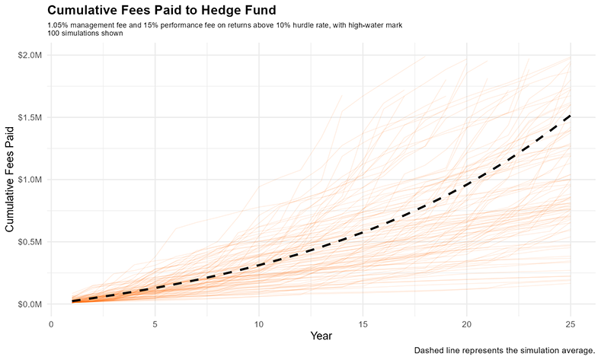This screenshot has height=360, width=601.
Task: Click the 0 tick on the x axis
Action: (x=51, y=321)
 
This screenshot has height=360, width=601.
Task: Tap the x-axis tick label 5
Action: (x=155, y=321)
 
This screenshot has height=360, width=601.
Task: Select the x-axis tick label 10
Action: (x=259, y=321)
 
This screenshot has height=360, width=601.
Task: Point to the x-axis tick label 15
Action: (x=363, y=321)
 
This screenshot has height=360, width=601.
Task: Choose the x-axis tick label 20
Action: (x=466, y=321)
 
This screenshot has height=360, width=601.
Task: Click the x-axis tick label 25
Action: (x=571, y=321)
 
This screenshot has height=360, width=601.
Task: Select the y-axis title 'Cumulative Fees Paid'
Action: (x=11, y=180)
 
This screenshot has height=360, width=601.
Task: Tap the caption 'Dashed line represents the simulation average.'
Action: (x=504, y=351)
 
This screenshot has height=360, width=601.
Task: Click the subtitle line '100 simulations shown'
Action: (x=85, y=34)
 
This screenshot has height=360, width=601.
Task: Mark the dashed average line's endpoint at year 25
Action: (x=571, y=116)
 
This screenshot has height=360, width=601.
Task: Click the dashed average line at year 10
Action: (x=259, y=265)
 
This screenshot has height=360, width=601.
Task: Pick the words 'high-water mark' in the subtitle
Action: (x=375, y=26)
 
